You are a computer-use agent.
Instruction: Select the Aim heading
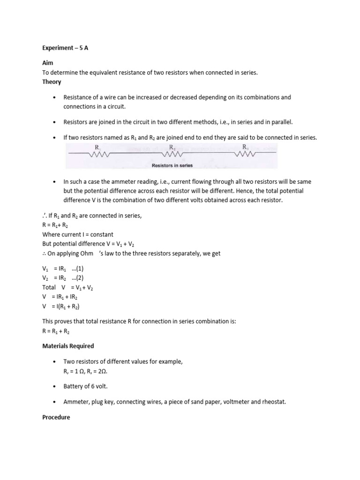[48, 63]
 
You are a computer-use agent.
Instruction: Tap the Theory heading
[52, 82]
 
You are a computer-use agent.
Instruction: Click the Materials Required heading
[68, 346]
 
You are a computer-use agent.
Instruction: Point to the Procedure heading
[56, 417]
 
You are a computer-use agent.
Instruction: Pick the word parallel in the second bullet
[280, 122]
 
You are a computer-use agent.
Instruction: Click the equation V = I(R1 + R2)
[61, 307]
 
